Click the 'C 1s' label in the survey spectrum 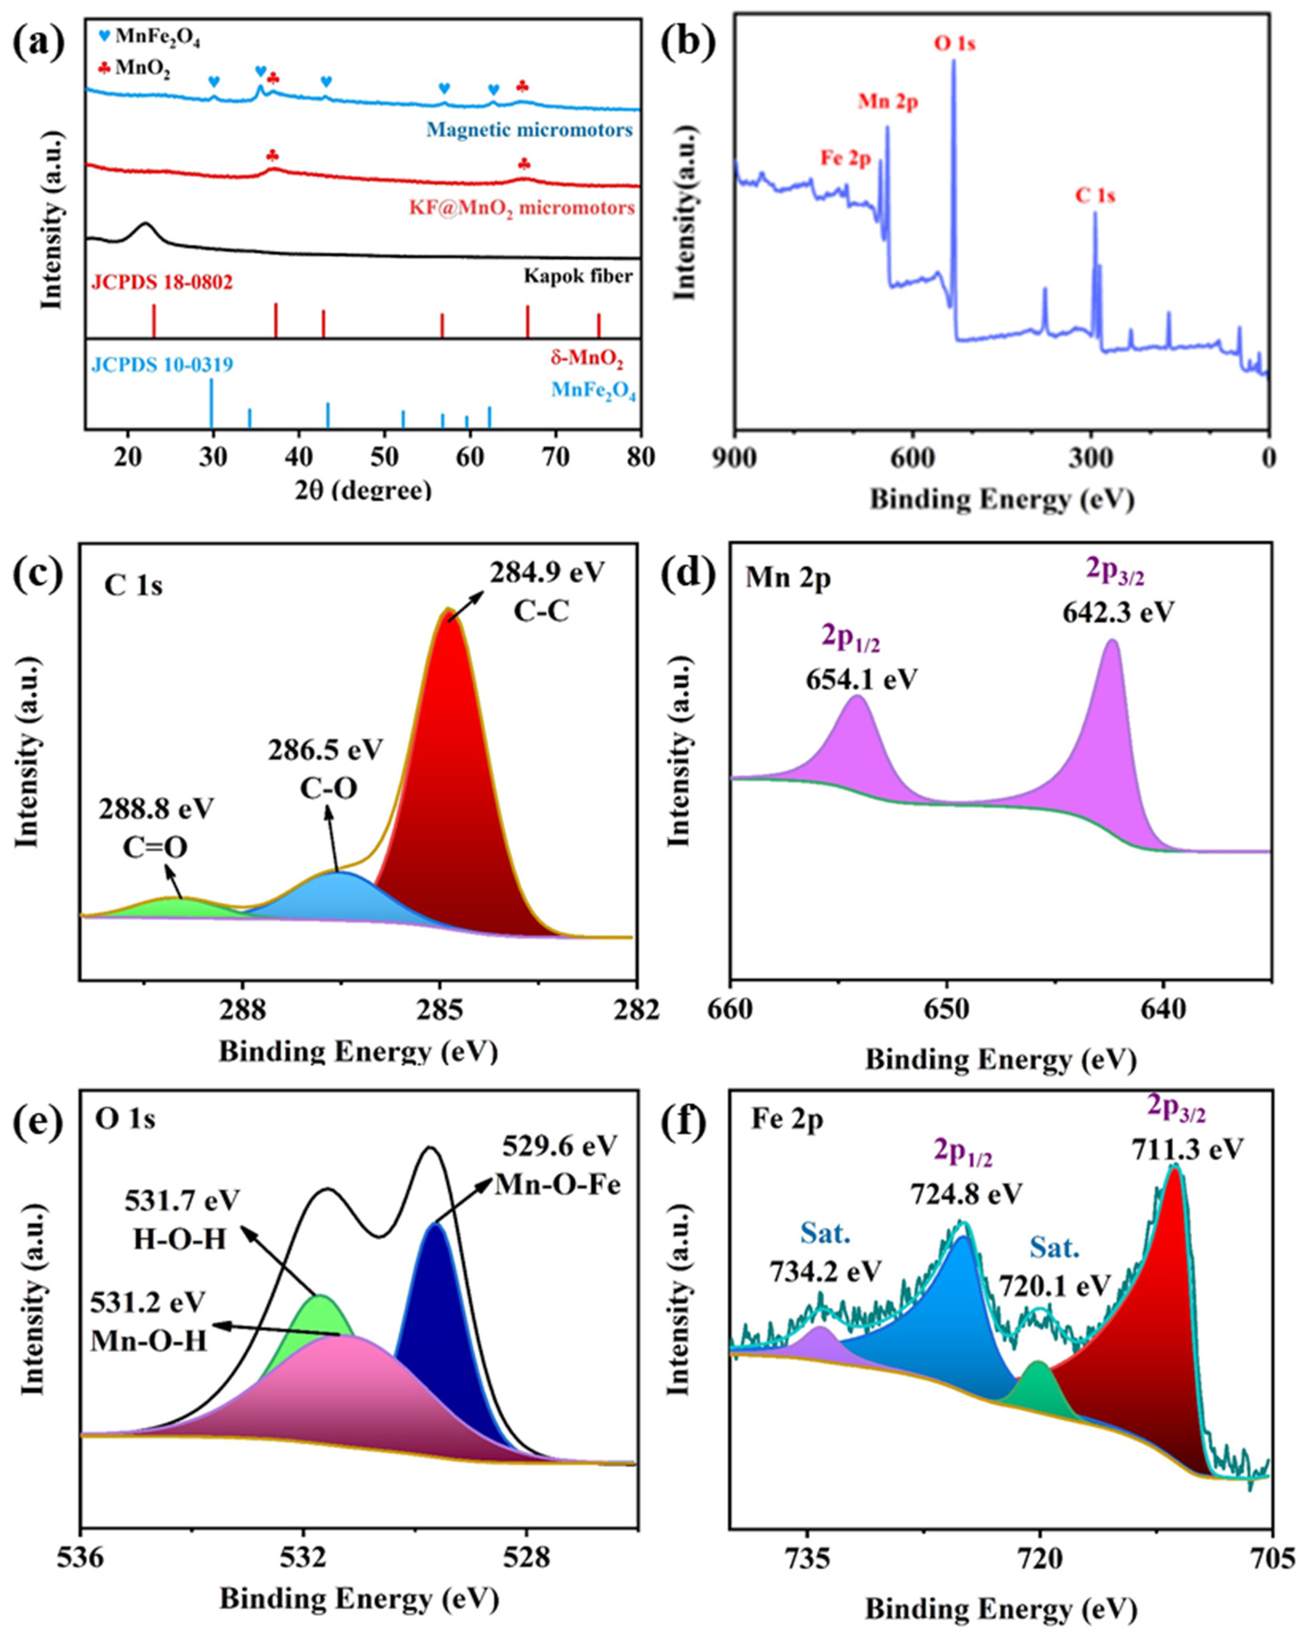pos(1094,196)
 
